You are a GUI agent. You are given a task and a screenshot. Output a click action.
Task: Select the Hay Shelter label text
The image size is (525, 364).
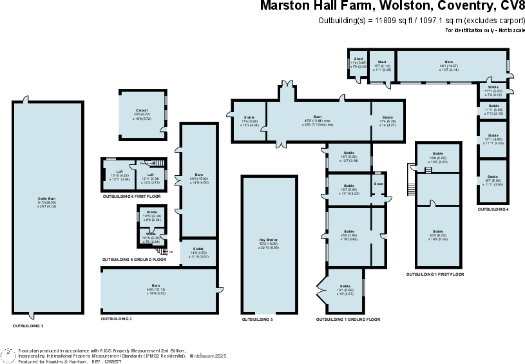point(269,242)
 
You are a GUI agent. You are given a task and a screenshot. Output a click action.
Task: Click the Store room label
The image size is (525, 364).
point(378,184)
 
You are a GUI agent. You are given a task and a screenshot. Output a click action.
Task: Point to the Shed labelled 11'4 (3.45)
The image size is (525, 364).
point(358,62)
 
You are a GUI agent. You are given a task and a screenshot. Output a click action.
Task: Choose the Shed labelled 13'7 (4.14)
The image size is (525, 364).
point(382,65)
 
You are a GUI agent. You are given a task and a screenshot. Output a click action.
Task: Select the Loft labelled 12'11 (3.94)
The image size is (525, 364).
point(150,177)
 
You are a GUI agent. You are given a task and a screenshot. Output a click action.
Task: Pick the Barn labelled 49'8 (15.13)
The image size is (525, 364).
point(156,287)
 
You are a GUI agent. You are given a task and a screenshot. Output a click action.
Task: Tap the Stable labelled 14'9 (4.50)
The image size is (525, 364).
point(198,253)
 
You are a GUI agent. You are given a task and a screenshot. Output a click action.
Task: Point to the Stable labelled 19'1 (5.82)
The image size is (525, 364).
point(345,289)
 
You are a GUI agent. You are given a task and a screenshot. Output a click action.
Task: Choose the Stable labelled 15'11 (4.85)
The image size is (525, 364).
point(493,140)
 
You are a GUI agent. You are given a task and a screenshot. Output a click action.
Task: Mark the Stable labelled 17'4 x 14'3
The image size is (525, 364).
point(249,120)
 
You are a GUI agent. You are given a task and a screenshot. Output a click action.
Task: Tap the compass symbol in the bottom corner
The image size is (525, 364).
point(8,356)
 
